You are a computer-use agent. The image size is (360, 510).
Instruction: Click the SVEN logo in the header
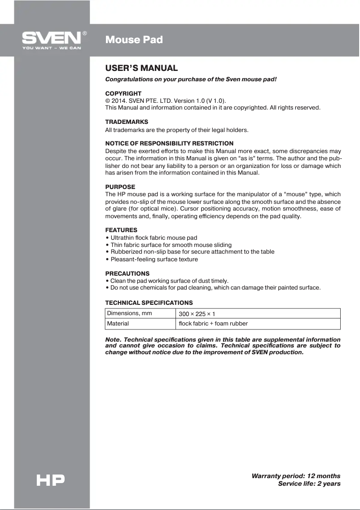(x=52, y=39)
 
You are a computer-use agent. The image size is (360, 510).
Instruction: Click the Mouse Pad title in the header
(x=134, y=40)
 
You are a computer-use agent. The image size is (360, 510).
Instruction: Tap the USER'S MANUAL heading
(x=141, y=68)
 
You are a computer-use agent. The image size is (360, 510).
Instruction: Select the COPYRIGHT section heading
(x=123, y=93)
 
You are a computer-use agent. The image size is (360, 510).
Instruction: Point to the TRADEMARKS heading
(x=126, y=122)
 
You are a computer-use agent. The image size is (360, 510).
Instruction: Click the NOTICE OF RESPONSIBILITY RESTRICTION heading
(x=169, y=143)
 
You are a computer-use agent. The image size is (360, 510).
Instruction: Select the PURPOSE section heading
(x=120, y=187)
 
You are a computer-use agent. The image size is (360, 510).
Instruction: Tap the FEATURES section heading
(x=121, y=230)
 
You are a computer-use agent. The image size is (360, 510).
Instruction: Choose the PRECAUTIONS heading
(x=127, y=273)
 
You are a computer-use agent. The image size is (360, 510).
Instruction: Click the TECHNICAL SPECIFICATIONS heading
(x=149, y=303)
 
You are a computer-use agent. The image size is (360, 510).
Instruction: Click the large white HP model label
(x=50, y=480)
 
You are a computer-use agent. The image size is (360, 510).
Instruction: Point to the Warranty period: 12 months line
(x=296, y=476)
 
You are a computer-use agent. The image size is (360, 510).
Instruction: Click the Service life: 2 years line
(x=309, y=484)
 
